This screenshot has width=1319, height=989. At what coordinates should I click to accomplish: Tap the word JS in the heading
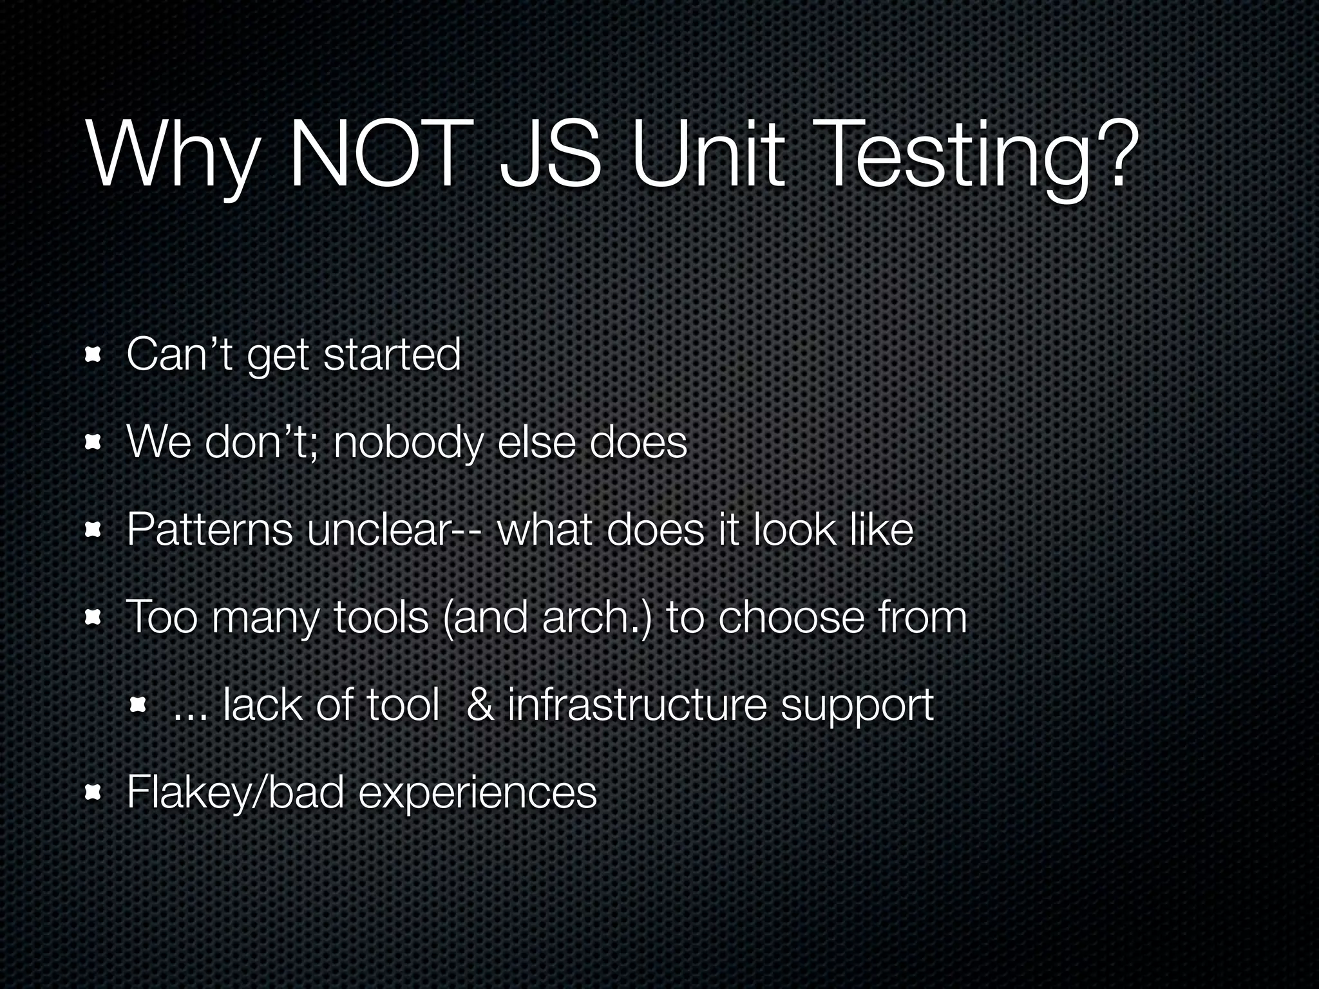551,155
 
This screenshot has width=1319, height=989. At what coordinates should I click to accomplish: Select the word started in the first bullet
392,354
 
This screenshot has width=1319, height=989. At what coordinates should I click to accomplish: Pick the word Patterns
209,530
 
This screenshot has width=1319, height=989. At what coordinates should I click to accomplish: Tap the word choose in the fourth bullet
791,617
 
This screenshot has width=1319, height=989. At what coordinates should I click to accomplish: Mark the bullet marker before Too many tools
94,617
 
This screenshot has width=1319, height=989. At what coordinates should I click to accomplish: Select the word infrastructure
637,705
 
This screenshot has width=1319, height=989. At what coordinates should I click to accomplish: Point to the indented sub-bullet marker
137,705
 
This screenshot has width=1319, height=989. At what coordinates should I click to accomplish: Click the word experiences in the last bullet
477,793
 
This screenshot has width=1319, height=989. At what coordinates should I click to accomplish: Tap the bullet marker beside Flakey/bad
94,792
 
